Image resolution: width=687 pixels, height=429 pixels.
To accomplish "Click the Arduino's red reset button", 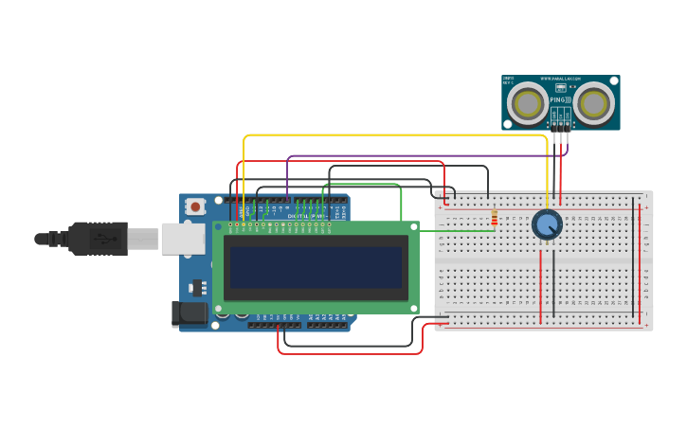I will (x=195, y=206).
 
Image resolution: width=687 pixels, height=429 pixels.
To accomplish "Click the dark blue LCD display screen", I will (x=316, y=268).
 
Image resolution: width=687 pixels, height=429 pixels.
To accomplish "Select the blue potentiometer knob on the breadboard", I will (x=547, y=224).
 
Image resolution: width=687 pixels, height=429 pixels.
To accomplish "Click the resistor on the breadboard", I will (x=494, y=219).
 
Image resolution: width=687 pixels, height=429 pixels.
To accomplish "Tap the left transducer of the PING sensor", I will (x=528, y=103).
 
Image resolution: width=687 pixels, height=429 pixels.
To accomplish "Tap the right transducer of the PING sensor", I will (x=594, y=103).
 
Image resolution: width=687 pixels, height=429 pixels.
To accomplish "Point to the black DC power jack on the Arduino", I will (x=189, y=313).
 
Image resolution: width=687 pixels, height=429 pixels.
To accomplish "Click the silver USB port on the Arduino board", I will (x=183, y=239).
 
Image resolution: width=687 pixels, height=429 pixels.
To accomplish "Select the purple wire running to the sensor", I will (x=426, y=156).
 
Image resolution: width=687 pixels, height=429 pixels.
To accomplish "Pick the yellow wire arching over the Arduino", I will (x=398, y=135).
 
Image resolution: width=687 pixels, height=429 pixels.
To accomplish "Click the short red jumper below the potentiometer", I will (x=540, y=284).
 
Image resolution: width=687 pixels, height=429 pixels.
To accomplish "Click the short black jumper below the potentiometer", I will (x=553, y=284).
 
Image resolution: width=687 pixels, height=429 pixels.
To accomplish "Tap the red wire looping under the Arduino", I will (x=351, y=353).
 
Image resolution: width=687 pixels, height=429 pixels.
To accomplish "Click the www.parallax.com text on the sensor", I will (x=560, y=79).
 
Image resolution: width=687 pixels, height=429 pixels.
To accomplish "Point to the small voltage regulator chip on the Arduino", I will (x=198, y=287).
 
